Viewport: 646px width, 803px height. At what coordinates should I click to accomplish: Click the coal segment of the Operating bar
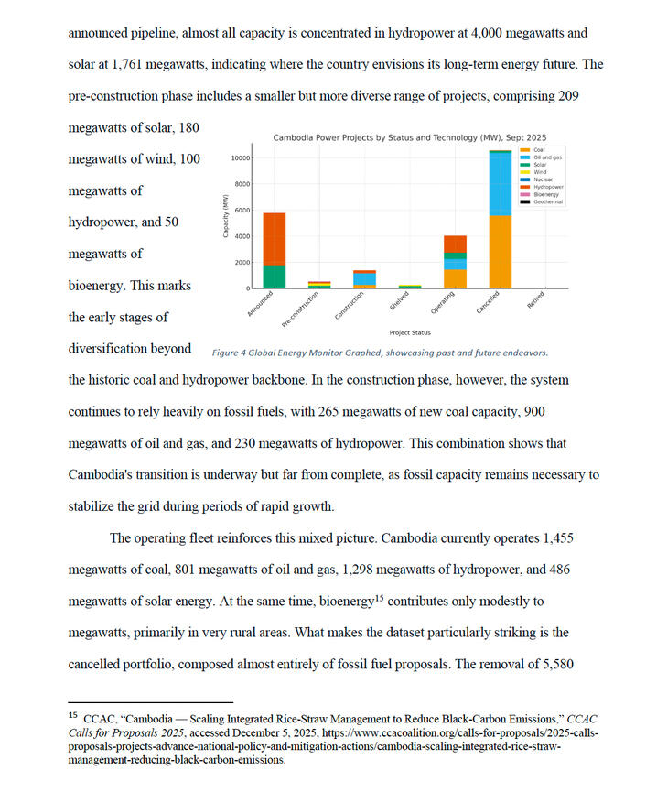pos(455,278)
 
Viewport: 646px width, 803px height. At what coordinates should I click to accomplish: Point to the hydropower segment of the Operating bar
pos(455,244)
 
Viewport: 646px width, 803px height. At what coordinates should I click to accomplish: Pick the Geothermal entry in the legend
pos(547,201)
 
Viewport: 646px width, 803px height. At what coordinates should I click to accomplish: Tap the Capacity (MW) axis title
pos(225,218)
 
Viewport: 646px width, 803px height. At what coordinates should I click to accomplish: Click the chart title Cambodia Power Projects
pos(404,137)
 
